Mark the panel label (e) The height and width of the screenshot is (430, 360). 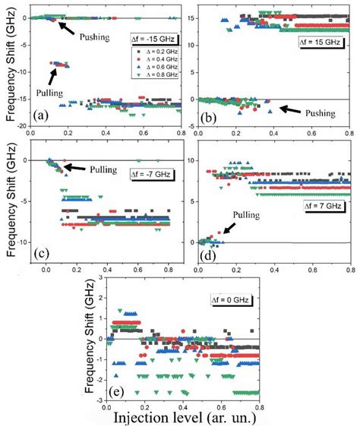tap(121, 394)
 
